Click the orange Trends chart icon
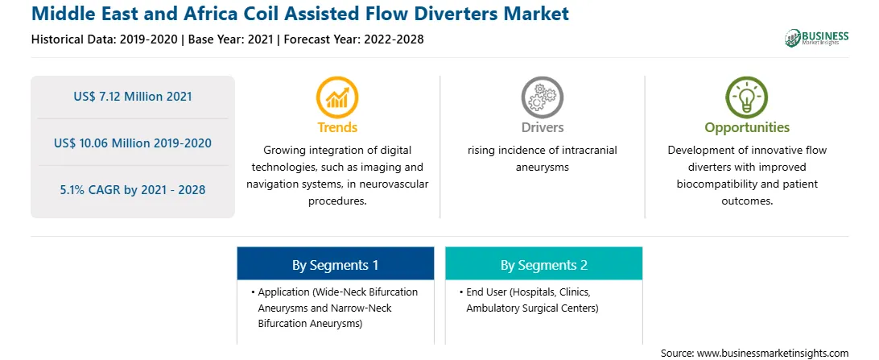coord(337,97)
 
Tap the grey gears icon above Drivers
coord(542,97)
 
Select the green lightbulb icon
coord(747,97)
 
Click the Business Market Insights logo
coord(817,38)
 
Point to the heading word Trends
coord(337,127)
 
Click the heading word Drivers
coord(542,127)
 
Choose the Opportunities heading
coord(747,128)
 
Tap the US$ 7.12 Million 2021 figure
coord(133,97)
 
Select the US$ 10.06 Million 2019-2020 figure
coord(133,143)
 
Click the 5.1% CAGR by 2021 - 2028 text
coord(133,189)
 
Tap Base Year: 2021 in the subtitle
coord(230,39)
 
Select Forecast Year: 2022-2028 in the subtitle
coord(351,39)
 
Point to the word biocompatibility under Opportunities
coord(714,184)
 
